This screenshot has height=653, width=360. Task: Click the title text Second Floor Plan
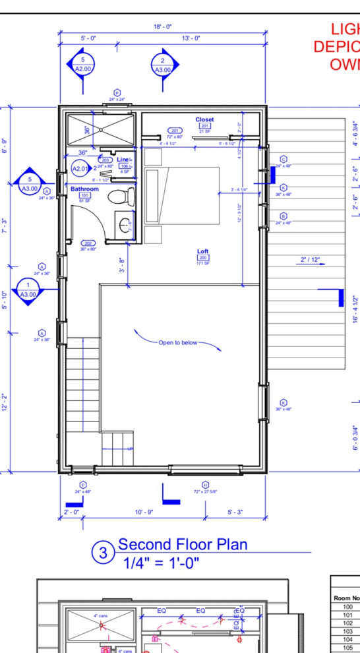coord(182,544)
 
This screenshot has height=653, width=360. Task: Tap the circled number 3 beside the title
coord(104,554)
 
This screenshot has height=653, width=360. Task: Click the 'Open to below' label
coord(177,343)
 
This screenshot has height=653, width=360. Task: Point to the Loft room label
coord(203,251)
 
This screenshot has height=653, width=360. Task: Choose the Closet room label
coord(204,120)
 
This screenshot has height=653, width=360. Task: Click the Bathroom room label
coord(84,189)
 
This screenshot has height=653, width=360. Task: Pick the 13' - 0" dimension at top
coord(191,38)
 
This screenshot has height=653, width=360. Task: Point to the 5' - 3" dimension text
coord(235,512)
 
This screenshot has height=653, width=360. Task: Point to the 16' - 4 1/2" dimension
coord(355,309)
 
